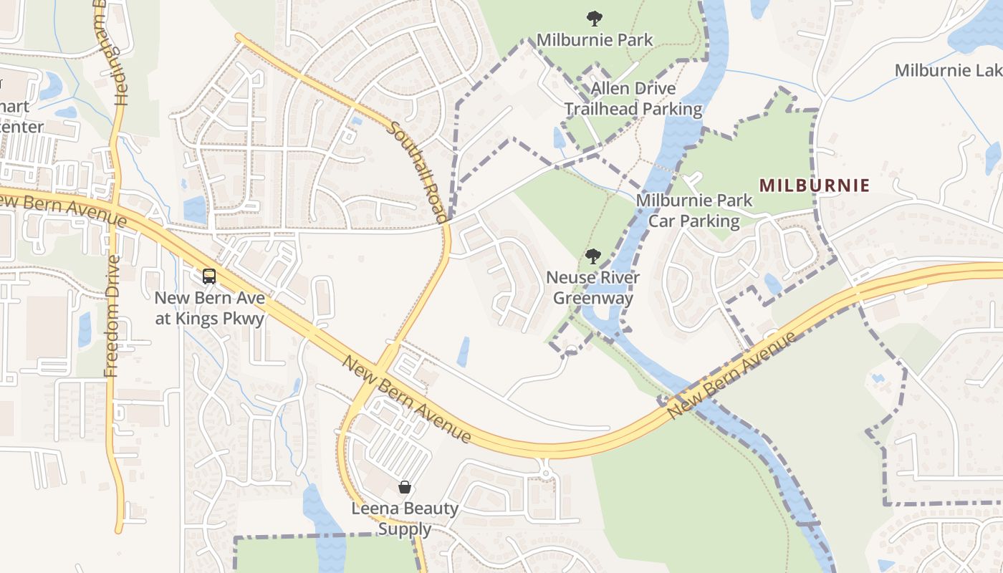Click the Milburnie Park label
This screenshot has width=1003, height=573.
coord(595,39)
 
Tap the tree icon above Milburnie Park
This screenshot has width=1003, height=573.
coord(593,18)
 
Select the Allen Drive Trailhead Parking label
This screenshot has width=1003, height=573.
coord(633,99)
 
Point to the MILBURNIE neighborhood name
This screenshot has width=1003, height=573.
coord(815,186)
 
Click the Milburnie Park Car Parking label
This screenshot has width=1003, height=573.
coord(694,211)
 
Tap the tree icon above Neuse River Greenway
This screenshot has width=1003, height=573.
coord(592,256)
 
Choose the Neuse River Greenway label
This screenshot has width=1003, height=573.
coord(592,287)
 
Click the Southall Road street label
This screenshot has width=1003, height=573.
coord(418,171)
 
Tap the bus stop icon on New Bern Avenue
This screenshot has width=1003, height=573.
coord(209,276)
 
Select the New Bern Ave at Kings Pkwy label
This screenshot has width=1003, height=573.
coord(210,308)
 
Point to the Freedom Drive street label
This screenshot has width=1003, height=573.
coord(112,315)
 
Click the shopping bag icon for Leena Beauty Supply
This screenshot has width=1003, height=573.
coord(405,487)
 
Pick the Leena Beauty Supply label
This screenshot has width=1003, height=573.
coord(405,519)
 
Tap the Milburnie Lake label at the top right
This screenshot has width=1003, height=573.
coord(948,70)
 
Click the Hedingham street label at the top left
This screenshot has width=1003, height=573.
coord(119,54)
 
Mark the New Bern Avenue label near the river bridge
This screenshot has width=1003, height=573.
coord(731,376)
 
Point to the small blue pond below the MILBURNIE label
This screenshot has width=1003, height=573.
coord(772,284)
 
